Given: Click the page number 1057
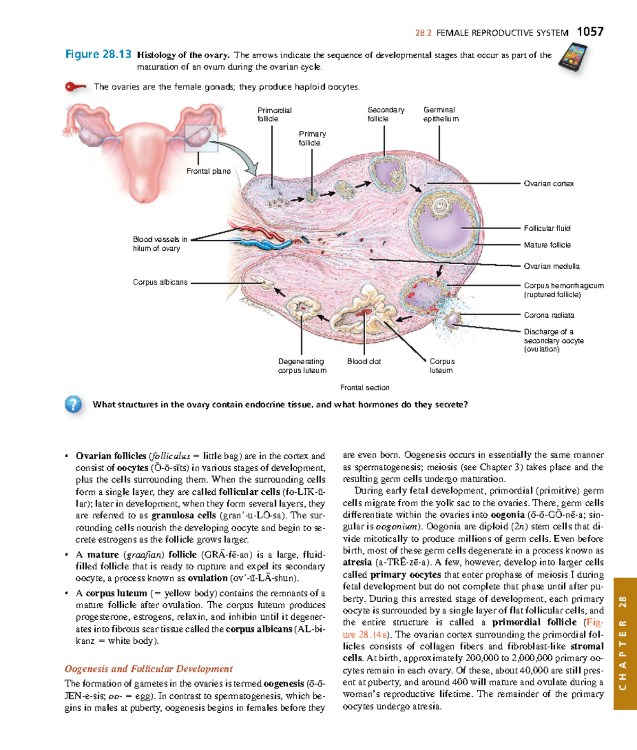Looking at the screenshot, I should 590,32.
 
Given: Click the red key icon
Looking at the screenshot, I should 75,87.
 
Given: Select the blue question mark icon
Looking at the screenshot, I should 73,405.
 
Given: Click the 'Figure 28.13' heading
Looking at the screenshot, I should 98,54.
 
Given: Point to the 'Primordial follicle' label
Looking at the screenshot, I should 274,114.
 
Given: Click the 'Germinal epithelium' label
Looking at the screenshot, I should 441,114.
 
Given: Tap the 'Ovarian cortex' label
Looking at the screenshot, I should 548,183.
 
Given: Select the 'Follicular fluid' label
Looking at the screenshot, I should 547,228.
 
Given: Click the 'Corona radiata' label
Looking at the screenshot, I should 548,315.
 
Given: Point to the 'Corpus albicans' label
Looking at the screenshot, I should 160,282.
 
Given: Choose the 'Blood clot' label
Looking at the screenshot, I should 364,361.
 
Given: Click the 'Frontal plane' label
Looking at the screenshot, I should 208,171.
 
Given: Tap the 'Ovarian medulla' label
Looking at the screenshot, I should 551,266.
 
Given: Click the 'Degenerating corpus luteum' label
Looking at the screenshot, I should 302,366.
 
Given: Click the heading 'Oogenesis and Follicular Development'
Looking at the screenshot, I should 149,669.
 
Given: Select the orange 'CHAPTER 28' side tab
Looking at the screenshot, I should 624,643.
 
